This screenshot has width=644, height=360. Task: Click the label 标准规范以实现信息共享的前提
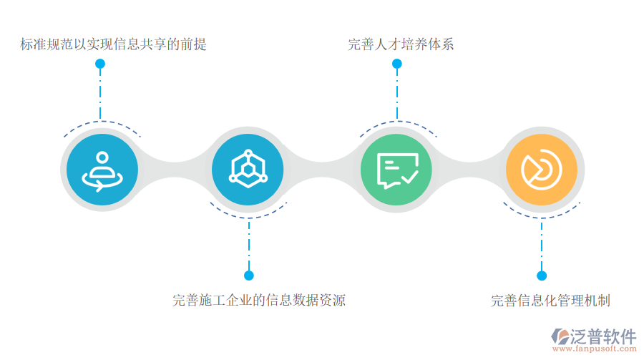[114, 44]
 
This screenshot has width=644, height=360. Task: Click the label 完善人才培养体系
[401, 44]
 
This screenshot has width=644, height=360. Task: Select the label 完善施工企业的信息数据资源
[259, 301]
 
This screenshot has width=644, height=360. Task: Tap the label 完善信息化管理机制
[550, 301]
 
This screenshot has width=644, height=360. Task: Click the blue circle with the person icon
[102, 170]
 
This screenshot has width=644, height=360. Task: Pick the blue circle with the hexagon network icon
[248, 170]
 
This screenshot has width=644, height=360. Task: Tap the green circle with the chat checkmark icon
[396, 170]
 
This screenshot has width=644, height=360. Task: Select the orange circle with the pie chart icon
[541, 170]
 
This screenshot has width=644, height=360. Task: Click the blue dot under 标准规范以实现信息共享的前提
[100, 64]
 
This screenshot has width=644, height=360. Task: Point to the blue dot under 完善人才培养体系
[397, 64]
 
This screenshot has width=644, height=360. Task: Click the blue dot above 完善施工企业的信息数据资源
[249, 275]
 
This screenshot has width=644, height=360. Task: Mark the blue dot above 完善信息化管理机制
[542, 275]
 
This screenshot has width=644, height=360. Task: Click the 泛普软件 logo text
[603, 336]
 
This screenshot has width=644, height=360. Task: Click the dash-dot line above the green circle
[397, 93]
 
